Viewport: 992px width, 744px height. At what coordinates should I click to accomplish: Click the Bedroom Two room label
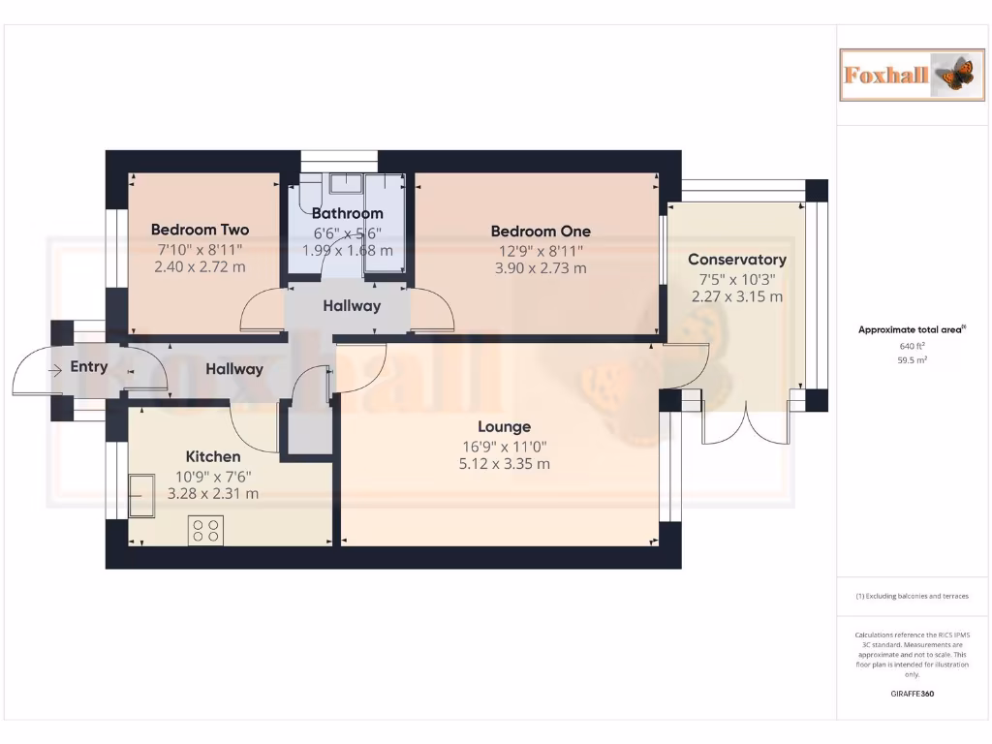pyautogui.click(x=200, y=230)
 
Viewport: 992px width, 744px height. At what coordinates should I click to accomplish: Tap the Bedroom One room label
pyautogui.click(x=541, y=231)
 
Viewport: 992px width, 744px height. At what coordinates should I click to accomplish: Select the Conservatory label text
pyautogui.click(x=736, y=260)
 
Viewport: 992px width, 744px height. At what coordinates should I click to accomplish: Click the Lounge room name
pyautogui.click(x=504, y=426)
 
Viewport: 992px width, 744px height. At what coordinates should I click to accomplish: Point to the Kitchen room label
pyautogui.click(x=213, y=456)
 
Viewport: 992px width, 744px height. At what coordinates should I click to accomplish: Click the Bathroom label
pyautogui.click(x=347, y=213)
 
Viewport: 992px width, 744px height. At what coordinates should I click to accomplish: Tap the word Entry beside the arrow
pyautogui.click(x=89, y=367)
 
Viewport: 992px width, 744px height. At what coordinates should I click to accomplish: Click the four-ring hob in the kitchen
pyautogui.click(x=205, y=530)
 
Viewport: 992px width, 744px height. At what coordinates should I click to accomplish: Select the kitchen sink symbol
pyautogui.click(x=141, y=494)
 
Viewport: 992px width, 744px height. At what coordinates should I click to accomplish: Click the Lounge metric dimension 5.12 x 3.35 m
pyautogui.click(x=504, y=464)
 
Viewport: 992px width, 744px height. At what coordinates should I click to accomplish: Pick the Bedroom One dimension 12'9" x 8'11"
pyautogui.click(x=541, y=250)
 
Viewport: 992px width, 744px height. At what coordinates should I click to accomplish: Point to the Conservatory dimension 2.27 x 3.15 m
pyautogui.click(x=736, y=296)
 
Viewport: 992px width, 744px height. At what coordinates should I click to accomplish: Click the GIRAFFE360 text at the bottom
pyautogui.click(x=912, y=694)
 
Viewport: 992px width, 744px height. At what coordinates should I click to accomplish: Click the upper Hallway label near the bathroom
pyautogui.click(x=352, y=306)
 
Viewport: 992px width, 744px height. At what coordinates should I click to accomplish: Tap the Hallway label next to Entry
pyautogui.click(x=234, y=369)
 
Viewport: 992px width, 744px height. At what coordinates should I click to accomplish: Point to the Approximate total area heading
pyautogui.click(x=910, y=329)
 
